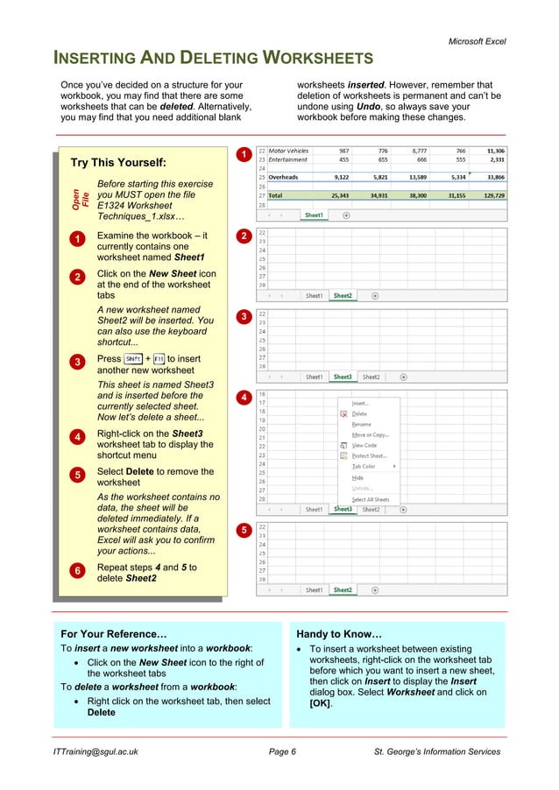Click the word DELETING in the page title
pos(209,59)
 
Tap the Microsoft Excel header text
pos(477,41)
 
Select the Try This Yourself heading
pos(118,163)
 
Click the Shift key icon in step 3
pos(133,359)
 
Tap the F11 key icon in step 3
pos(158,359)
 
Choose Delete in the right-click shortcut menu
pos(359,413)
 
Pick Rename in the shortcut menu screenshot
pos(362,424)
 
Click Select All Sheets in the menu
pos(371,499)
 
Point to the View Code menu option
pos(364,445)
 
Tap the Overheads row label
pos(284,178)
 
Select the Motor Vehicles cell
pos(289,151)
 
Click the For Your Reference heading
pos(114,633)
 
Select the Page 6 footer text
pos(282,751)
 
